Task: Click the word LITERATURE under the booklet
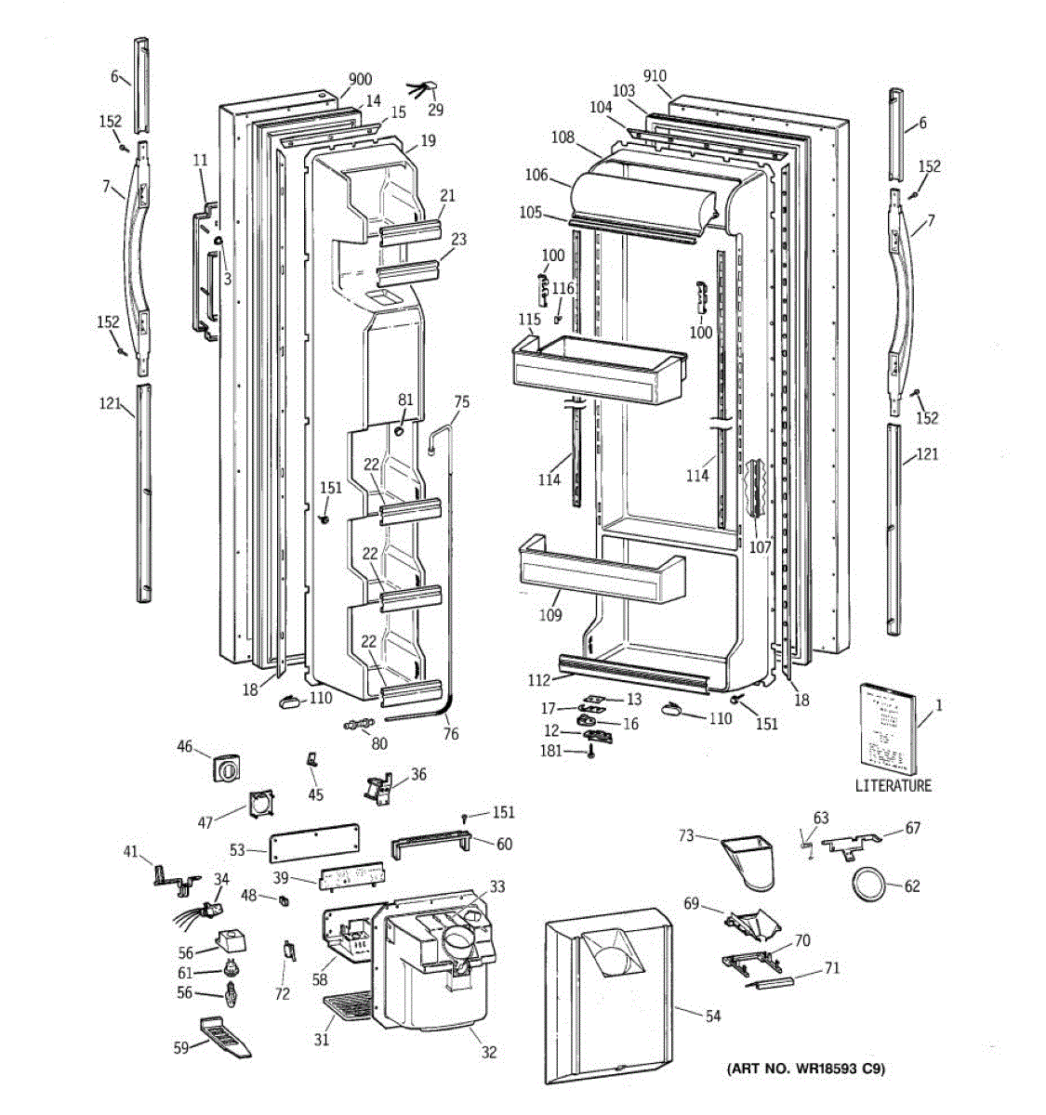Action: pos(893,786)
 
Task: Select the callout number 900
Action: pos(360,79)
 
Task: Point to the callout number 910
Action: pos(655,75)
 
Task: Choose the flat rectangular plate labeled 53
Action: pos(314,846)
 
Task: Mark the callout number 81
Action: pos(405,399)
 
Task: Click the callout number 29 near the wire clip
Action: pos(436,110)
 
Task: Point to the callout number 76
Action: pos(450,734)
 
